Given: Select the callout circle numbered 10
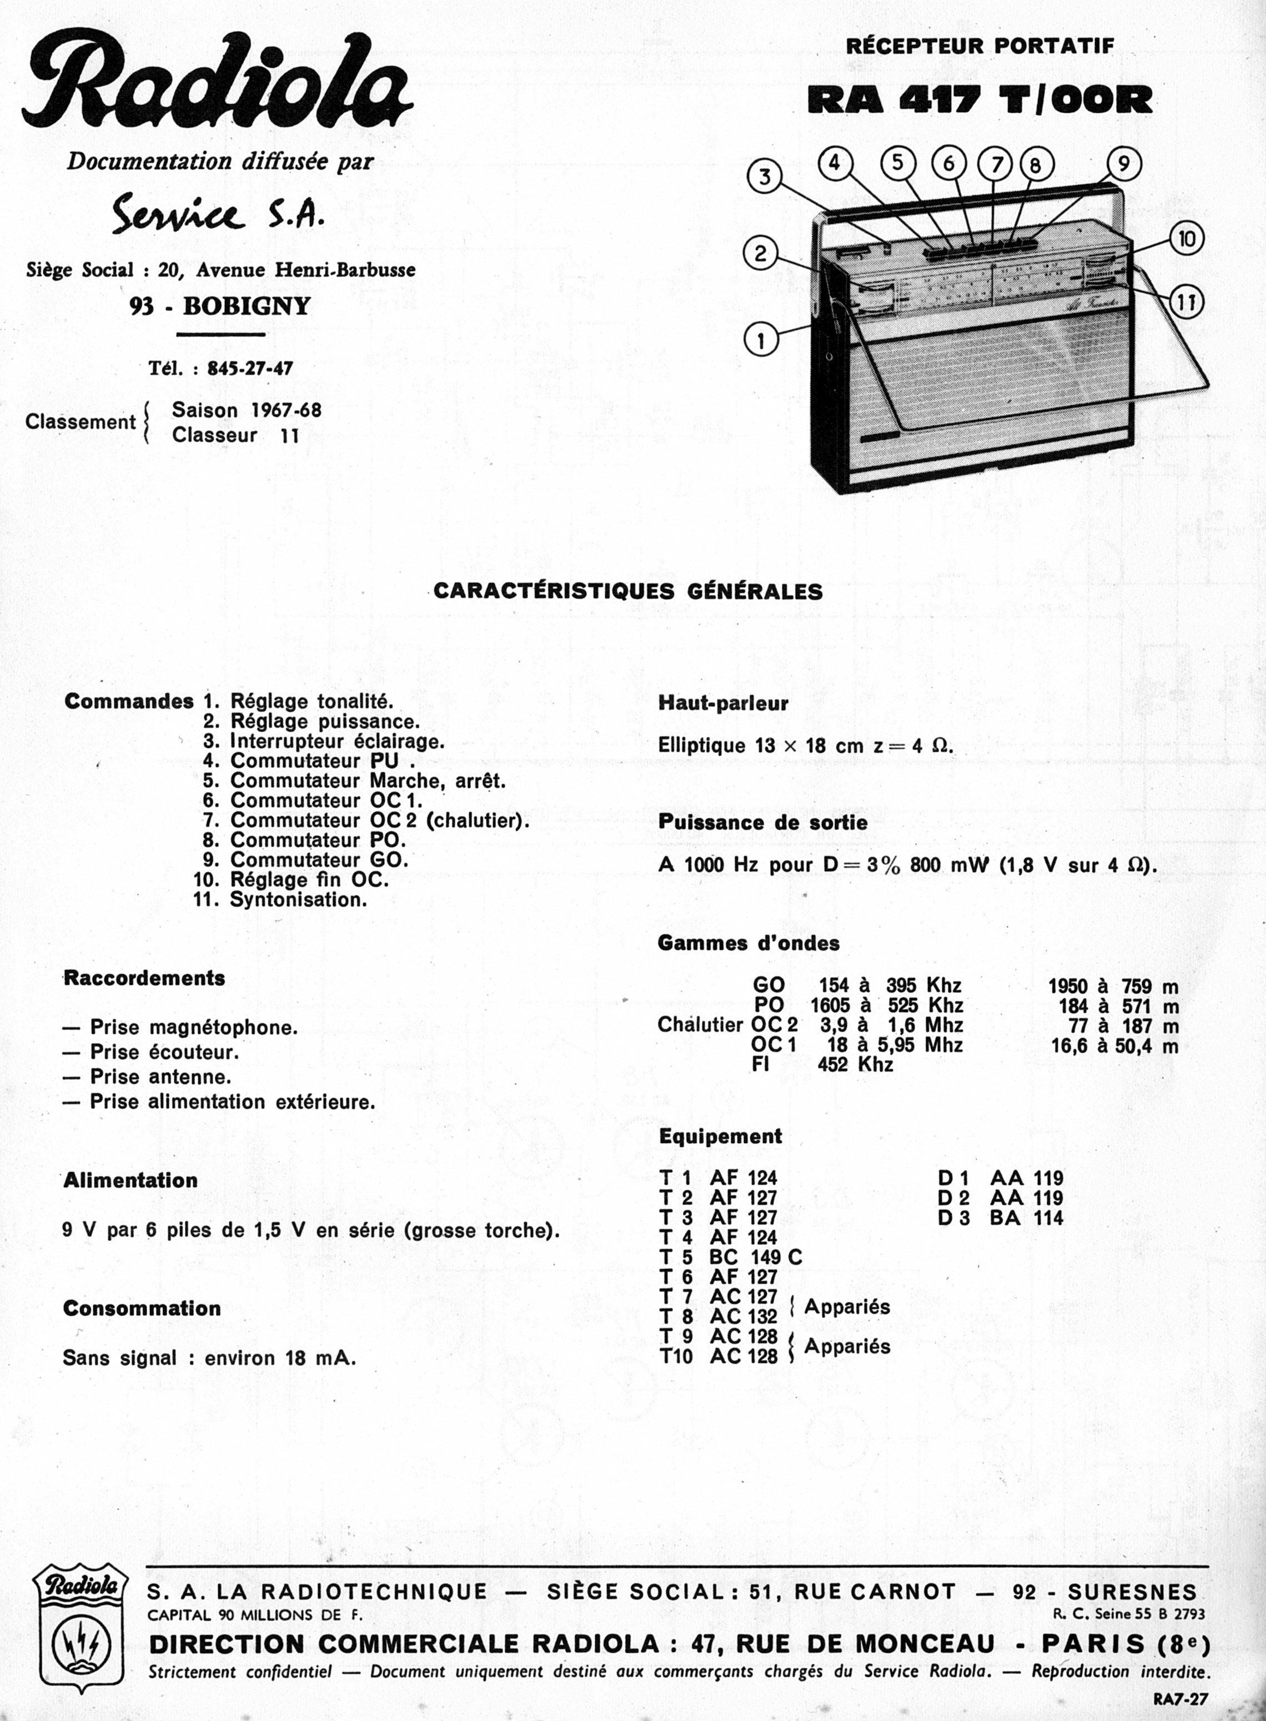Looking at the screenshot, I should coord(1186,239).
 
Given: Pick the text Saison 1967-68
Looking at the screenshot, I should coord(247,410).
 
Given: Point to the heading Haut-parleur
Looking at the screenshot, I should coord(722,703).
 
